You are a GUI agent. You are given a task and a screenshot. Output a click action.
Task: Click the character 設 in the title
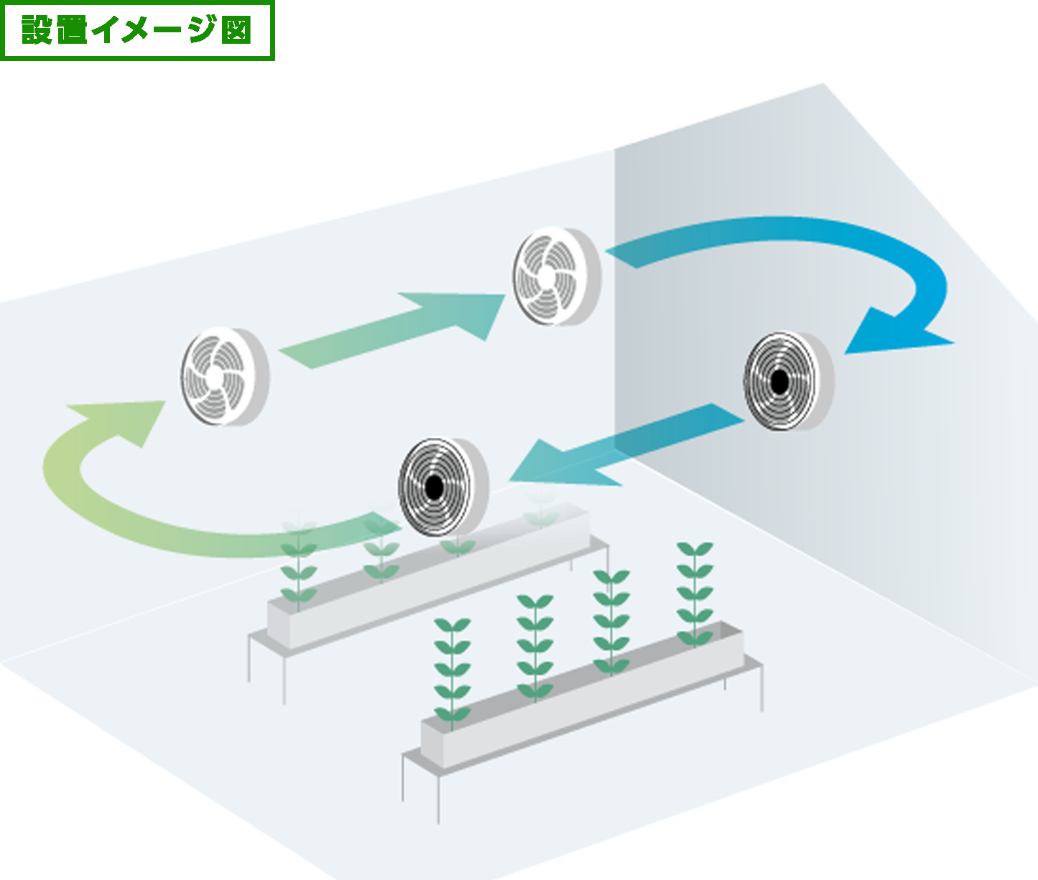point(37,30)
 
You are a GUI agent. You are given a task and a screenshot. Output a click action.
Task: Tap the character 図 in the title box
point(236,31)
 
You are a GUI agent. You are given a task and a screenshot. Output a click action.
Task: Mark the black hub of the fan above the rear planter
point(434,488)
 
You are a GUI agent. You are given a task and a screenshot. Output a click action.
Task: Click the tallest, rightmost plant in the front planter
point(695,592)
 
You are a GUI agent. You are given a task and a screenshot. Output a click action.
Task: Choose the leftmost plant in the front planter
point(452,671)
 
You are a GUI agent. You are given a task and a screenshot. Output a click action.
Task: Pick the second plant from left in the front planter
point(534,646)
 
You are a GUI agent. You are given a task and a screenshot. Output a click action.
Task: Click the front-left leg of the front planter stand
point(439,797)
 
